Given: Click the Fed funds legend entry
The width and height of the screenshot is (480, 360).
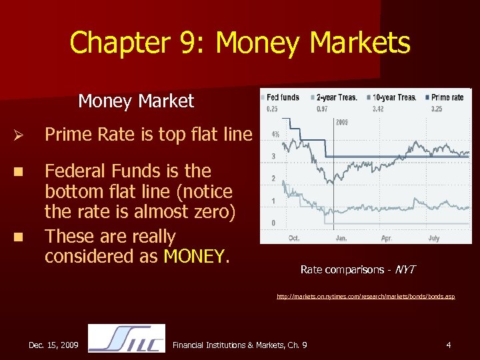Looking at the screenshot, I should pos(282,97).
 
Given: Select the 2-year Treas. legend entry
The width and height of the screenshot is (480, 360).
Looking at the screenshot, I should pos(335,97).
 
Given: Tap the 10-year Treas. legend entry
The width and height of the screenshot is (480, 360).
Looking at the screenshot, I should pos(393,97).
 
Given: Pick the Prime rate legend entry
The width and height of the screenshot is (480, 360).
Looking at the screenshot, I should pos(447,97).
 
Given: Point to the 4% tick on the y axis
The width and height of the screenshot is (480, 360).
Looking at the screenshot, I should pos(275,134).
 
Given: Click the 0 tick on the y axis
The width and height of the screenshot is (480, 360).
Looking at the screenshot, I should pos(273,222).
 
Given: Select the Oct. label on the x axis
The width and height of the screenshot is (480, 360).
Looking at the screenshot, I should pos(294,237).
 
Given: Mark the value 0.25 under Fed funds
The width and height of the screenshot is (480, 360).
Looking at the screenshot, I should pos(272,108).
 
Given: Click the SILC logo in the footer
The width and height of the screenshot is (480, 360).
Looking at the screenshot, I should pos(127,338).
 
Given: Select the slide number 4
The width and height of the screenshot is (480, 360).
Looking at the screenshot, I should pos(449,345).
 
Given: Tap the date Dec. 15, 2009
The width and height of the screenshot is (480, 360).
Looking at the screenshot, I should pos(54,345).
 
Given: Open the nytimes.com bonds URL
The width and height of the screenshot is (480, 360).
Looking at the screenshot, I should pos(366,297).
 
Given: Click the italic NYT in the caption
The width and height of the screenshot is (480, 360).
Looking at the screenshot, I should pos(405,269).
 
